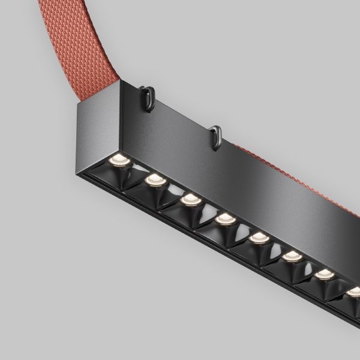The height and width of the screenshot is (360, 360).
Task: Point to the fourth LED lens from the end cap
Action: (226, 218)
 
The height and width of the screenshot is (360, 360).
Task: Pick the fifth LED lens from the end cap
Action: (259, 238)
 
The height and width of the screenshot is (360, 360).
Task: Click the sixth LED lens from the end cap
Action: (292, 256)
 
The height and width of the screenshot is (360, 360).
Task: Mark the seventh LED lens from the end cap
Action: (325, 274)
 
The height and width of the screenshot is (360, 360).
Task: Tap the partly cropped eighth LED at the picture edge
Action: (353, 292)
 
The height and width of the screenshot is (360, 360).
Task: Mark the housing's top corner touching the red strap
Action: (120, 82)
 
